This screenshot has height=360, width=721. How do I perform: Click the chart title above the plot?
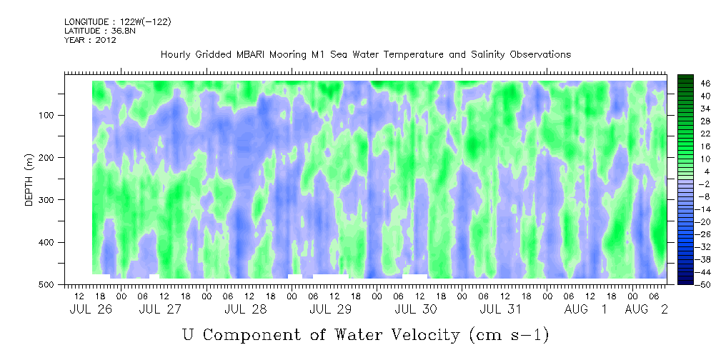[366, 55]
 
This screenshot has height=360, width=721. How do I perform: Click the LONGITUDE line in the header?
[118, 21]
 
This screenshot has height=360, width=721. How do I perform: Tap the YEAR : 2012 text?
[90, 40]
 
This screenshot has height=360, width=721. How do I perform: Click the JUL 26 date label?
[91, 310]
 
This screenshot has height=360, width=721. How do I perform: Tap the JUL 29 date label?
[331, 310]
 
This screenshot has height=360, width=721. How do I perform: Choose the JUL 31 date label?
[501, 310]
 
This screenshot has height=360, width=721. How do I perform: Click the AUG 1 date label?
[585, 310]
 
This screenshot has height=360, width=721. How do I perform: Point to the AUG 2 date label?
[646, 310]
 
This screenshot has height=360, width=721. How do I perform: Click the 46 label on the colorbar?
[706, 84]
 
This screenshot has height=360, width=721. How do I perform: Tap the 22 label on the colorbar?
[706, 136]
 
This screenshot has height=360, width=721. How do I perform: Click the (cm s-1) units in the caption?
[509, 336]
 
